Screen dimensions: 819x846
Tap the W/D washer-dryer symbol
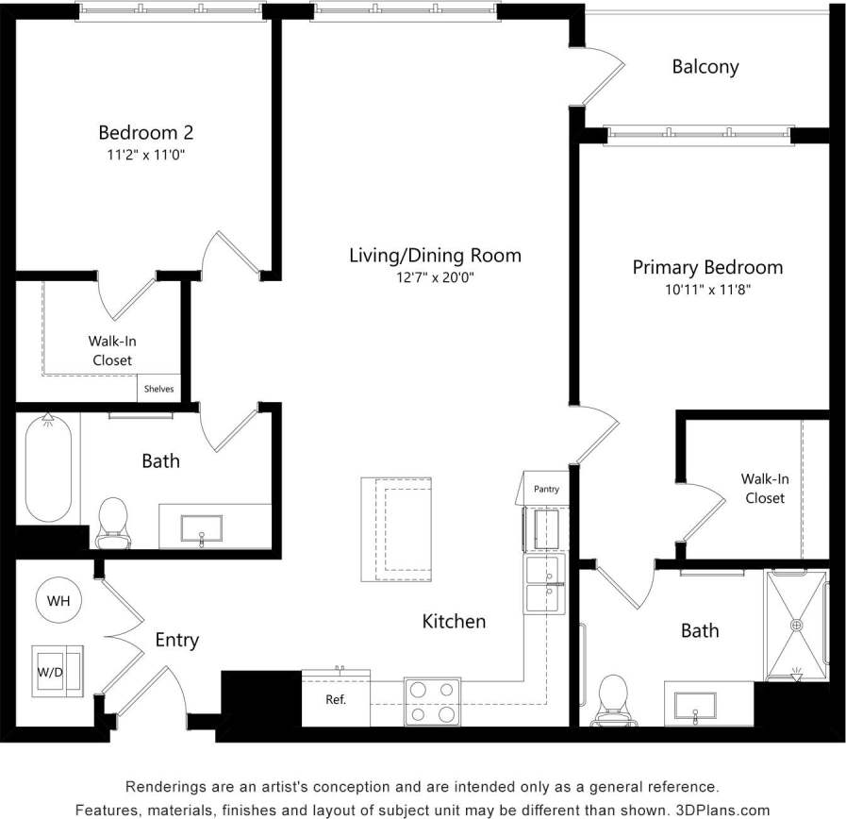(58, 672)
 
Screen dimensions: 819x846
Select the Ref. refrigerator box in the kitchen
(336, 700)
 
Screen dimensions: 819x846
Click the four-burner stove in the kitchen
(432, 702)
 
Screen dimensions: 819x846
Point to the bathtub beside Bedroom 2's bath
(47, 468)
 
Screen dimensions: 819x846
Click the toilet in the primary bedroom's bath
(614, 699)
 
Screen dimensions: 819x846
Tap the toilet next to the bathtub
(112, 520)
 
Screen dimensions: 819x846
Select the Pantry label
(546, 489)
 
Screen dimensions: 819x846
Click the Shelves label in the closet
(158, 388)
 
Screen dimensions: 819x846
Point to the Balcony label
(705, 67)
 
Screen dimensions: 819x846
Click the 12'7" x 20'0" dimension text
(435, 278)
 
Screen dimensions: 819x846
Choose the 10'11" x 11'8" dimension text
(707, 291)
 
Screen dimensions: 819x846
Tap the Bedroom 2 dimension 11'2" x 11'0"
(145, 156)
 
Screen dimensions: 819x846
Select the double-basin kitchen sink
(544, 583)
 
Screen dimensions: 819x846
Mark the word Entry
(176, 641)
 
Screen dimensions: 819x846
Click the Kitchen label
(454, 621)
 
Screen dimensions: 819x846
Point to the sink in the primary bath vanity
(696, 704)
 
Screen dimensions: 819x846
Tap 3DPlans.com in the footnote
(722, 810)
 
